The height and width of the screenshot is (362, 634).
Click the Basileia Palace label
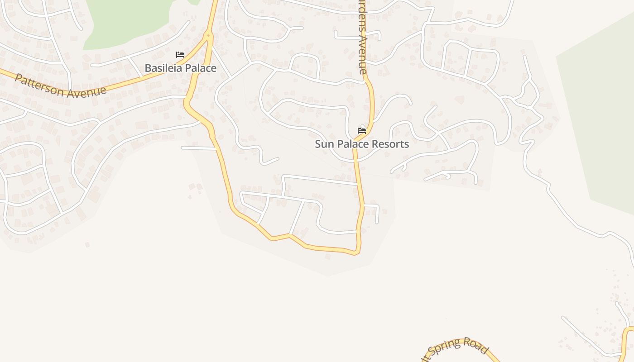point(180,68)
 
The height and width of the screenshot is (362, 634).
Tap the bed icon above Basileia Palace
point(180,55)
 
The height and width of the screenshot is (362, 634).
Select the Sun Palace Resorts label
point(362,144)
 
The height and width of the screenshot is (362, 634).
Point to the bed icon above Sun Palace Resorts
point(362,131)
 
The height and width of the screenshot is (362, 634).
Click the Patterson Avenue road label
point(61,85)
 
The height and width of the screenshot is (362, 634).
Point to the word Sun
point(324,144)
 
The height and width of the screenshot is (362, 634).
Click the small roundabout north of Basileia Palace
point(208,35)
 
